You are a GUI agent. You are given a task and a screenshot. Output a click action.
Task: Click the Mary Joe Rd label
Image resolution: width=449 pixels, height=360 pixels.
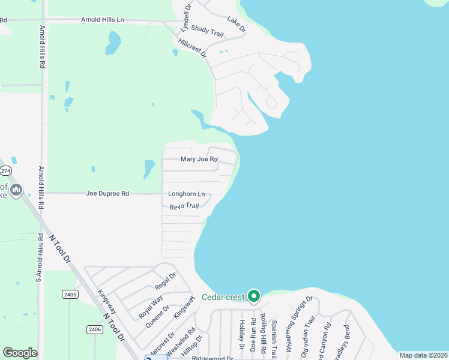[199, 160]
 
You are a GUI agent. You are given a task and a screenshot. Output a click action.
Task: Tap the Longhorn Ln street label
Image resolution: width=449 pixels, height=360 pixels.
[186, 194]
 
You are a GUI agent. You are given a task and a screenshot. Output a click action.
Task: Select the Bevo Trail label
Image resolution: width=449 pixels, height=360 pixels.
[184, 206]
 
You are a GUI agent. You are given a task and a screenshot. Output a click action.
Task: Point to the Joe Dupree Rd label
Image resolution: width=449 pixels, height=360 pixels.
[107, 194]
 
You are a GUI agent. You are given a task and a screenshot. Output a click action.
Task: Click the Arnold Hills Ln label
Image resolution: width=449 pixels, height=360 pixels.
[102, 20]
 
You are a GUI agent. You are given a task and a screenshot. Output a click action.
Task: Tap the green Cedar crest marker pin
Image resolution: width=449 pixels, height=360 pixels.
[254, 296]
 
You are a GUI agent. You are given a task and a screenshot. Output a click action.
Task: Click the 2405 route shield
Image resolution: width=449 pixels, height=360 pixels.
[70, 294]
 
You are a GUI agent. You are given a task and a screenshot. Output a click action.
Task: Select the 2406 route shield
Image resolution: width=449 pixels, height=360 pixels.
[94, 329]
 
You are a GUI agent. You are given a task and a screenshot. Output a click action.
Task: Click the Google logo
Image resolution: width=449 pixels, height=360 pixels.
[20, 353]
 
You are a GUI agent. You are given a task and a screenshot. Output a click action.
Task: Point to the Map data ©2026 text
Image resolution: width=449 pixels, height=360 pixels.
[423, 355]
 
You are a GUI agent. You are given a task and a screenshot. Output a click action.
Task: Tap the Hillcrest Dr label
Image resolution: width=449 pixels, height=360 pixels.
[192, 48]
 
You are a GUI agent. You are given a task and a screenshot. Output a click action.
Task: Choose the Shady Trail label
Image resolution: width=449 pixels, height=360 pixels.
[207, 32]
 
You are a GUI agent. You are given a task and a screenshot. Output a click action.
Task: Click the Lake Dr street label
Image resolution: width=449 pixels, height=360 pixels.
[237, 25]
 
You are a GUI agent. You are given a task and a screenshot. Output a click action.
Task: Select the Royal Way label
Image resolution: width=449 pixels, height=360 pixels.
[151, 306]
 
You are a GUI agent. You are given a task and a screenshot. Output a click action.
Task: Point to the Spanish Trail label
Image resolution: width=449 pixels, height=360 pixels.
[274, 335]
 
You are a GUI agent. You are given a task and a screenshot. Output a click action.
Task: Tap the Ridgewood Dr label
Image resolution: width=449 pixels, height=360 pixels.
[212, 358]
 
